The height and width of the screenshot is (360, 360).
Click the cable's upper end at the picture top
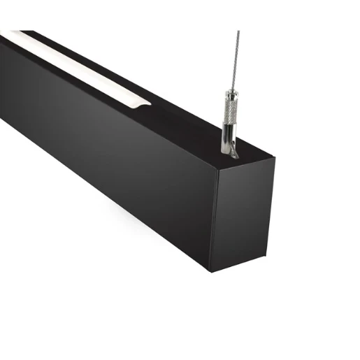[238, 32]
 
